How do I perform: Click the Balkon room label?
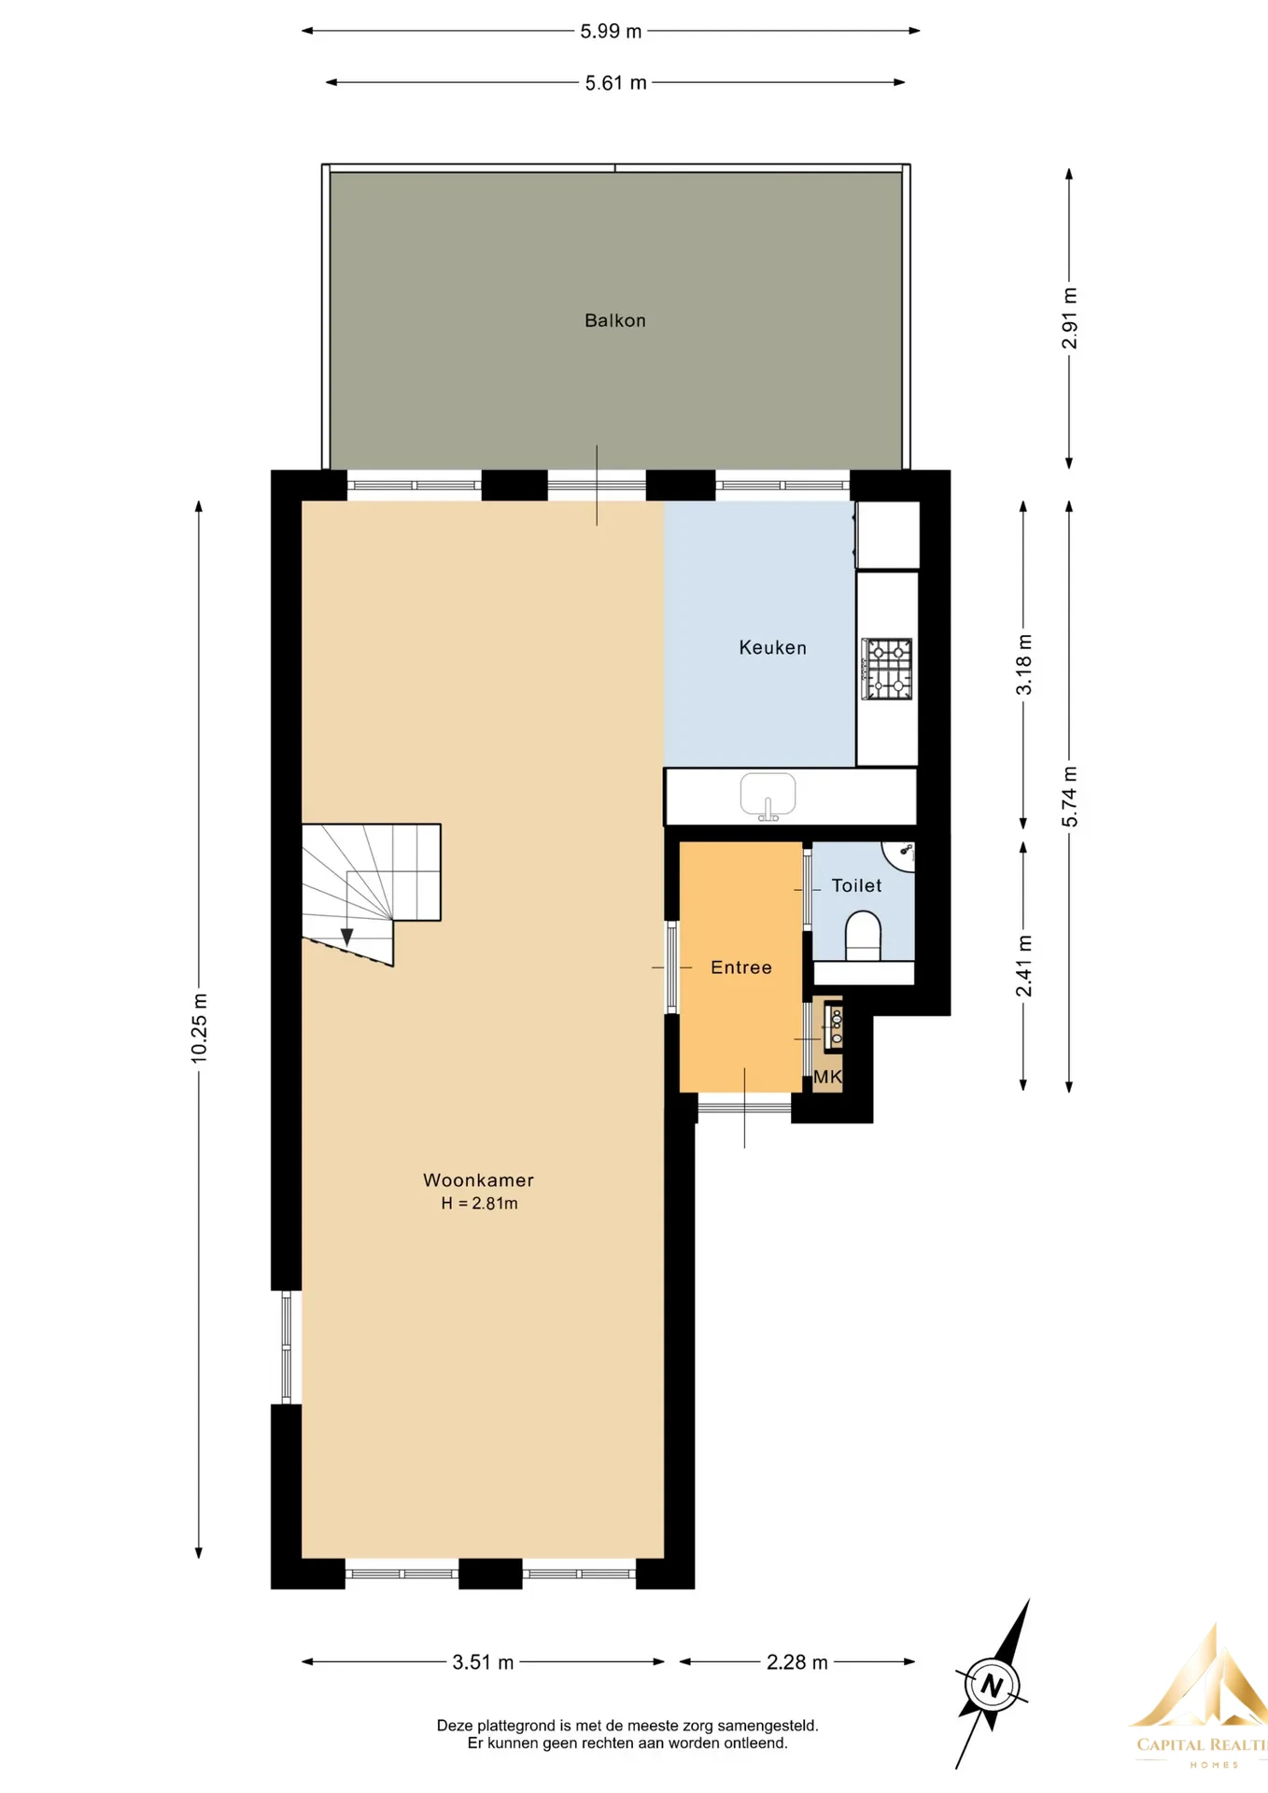point(614,320)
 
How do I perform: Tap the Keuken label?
point(772,647)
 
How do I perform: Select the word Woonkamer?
point(478,1179)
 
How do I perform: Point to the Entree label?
point(741,967)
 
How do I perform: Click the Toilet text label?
point(856,885)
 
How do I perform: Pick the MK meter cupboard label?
point(828,1077)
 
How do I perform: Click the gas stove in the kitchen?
point(886,669)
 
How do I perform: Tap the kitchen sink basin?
point(768,796)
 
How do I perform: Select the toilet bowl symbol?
point(863,937)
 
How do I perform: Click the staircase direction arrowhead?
point(346,937)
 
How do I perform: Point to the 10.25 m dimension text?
point(199,1028)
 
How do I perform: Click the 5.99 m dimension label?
point(611,31)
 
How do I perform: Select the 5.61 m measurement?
point(615,83)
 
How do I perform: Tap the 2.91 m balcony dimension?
point(1070,318)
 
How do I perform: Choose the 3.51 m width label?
point(483,1662)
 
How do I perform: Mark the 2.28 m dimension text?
point(796,1662)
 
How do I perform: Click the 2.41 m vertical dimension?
point(1024,966)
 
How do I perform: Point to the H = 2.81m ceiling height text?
point(479,1203)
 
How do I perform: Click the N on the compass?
point(992,1687)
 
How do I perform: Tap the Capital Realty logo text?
point(1202,1744)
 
